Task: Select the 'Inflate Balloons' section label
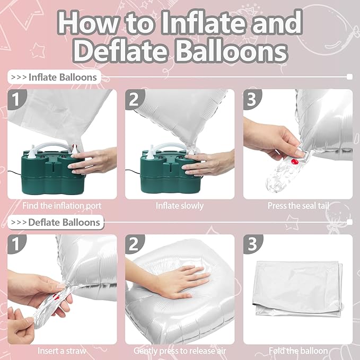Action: click(55, 77)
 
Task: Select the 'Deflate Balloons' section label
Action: click(56, 222)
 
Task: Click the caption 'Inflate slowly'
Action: click(180, 205)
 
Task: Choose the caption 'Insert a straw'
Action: click(63, 350)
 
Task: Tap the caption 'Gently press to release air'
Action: click(180, 350)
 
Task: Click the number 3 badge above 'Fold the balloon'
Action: click(252, 244)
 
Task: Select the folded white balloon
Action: click(297, 289)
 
